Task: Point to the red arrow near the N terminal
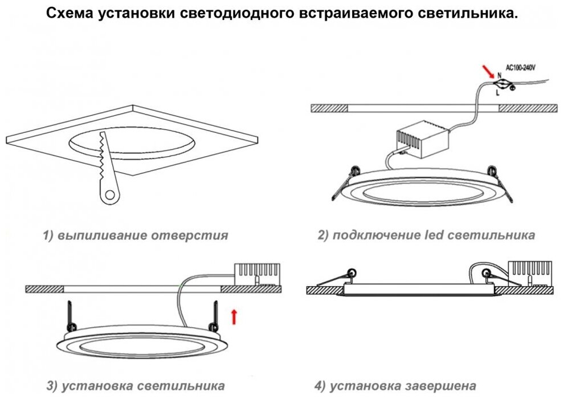point(488,71)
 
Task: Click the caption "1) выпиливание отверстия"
point(136,235)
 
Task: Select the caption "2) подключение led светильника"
point(426,235)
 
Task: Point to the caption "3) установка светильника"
point(136,386)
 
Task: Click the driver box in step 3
point(258,273)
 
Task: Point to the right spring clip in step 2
point(501,180)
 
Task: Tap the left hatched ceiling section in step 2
point(329,108)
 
